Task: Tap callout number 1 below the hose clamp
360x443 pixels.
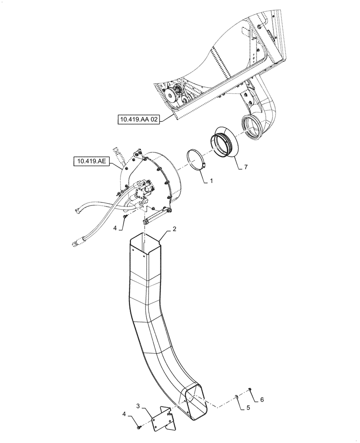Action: (x=212, y=181)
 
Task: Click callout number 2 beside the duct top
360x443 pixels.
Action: (x=175, y=229)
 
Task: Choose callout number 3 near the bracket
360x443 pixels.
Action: (x=138, y=405)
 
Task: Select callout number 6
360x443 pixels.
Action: (x=262, y=400)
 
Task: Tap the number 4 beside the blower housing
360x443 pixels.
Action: (x=115, y=228)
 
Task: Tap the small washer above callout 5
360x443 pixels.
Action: (x=236, y=396)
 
